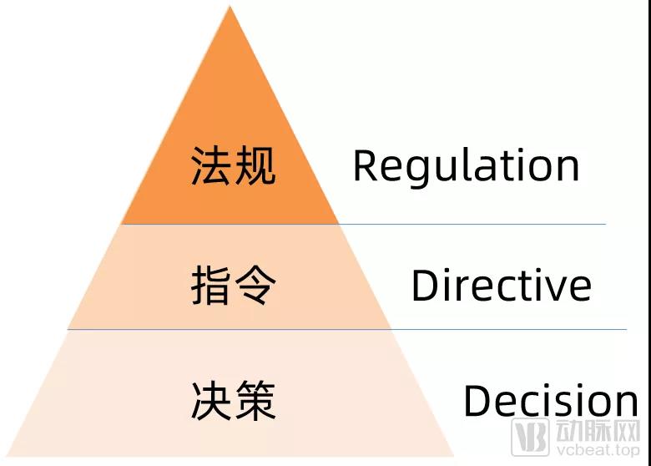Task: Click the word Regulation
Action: (x=466, y=167)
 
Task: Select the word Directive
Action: (x=502, y=285)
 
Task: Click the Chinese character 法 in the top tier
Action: (x=211, y=165)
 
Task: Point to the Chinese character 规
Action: (x=255, y=165)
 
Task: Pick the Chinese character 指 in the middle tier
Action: (x=211, y=286)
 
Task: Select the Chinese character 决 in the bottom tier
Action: (x=211, y=400)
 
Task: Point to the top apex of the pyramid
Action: (x=230, y=6)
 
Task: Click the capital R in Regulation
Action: (x=366, y=165)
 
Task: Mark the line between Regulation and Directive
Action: (x=363, y=225)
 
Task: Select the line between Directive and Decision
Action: (x=347, y=329)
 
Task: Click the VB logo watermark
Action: (x=530, y=437)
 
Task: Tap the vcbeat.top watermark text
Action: (x=598, y=450)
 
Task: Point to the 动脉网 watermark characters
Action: (x=598, y=431)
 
